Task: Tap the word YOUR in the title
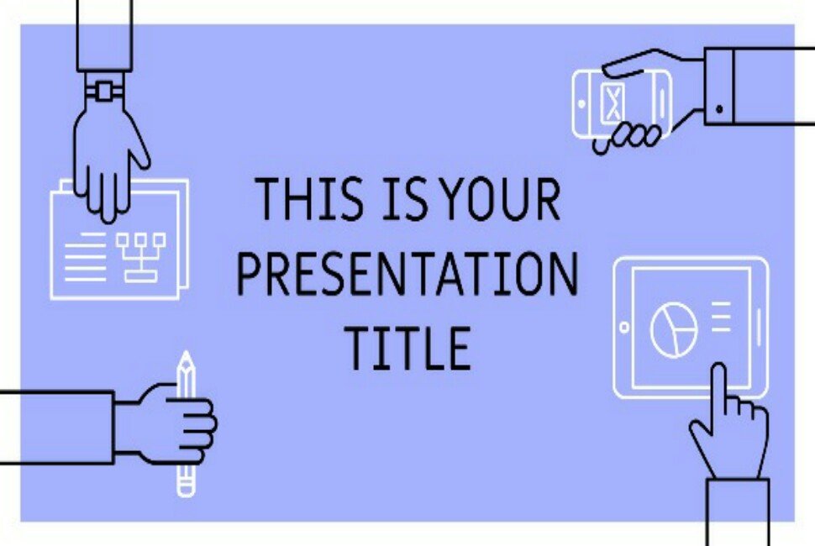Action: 501,199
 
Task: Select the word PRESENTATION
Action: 407,274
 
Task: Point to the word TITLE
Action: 408,348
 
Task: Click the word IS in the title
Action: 405,199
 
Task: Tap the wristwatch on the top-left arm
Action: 104,92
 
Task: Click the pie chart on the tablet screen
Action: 674,329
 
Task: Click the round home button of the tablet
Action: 624,328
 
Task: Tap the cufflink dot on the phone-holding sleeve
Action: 719,109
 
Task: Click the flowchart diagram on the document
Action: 141,257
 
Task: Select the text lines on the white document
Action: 86,257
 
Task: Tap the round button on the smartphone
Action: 581,104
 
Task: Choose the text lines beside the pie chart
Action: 721,317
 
